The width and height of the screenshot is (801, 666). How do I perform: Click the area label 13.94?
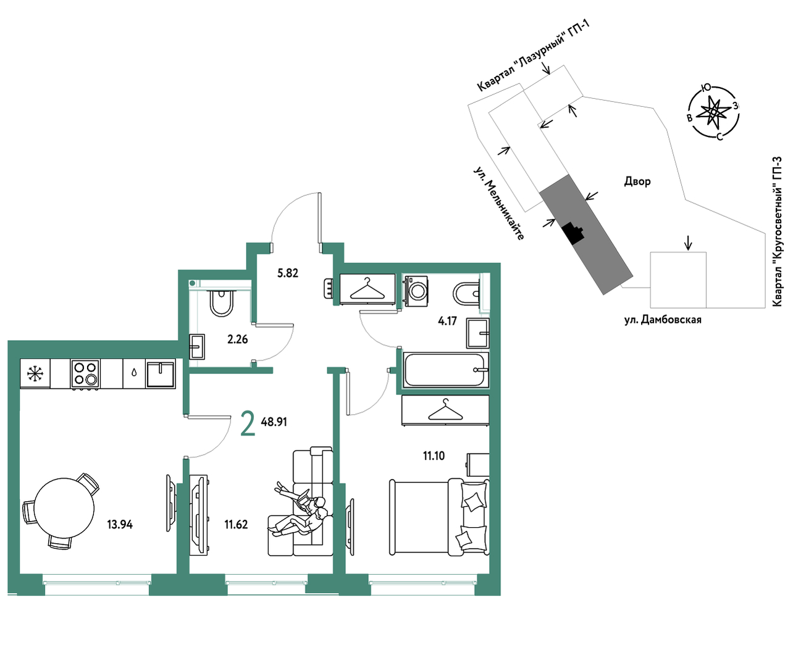(x=120, y=524)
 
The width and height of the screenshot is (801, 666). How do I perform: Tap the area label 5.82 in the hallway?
(x=288, y=273)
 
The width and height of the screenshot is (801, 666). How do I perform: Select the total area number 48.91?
(x=274, y=422)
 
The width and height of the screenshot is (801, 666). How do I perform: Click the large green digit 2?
(x=248, y=423)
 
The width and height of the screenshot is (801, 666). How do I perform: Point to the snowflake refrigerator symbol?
(x=35, y=373)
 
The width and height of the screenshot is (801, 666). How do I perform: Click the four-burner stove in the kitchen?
(x=85, y=374)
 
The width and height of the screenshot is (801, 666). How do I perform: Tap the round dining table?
(x=64, y=507)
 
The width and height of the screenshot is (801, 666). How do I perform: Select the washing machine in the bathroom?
(x=415, y=291)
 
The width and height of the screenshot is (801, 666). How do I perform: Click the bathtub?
(x=445, y=370)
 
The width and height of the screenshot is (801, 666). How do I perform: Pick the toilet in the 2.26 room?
(x=221, y=302)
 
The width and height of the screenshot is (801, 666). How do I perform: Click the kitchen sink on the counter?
(x=160, y=374)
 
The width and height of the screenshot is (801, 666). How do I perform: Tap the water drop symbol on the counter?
(x=134, y=373)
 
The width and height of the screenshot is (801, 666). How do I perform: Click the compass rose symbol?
(x=713, y=112)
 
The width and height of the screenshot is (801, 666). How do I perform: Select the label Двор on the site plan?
(x=637, y=181)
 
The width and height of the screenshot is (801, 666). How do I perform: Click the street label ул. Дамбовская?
(x=663, y=320)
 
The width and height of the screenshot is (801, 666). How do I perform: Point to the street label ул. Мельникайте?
(x=498, y=203)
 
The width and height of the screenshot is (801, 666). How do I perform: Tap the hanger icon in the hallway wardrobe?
(x=367, y=289)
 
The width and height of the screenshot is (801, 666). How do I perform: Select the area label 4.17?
(x=447, y=320)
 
